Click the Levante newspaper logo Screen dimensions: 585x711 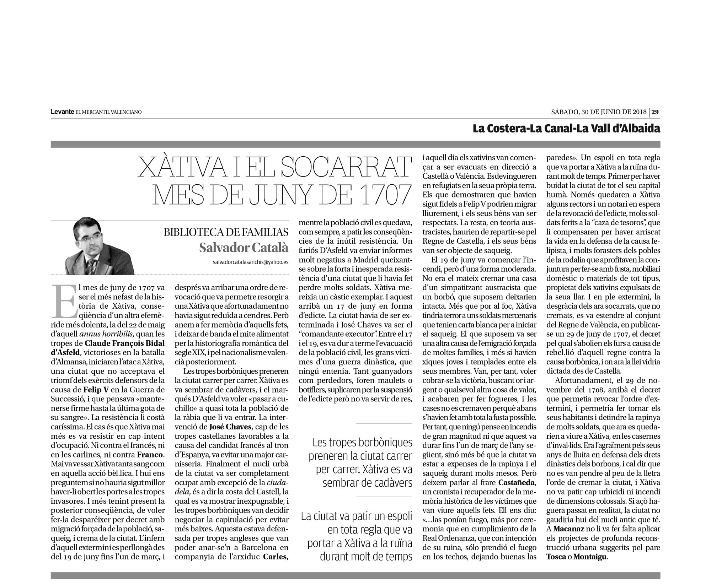(62, 112)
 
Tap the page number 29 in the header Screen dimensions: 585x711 (655, 112)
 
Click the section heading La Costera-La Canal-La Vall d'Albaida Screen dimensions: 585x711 (566, 128)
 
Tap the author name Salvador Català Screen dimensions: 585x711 (244, 248)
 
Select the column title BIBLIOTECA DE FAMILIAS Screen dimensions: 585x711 (226, 233)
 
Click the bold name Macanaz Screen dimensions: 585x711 (568, 539)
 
